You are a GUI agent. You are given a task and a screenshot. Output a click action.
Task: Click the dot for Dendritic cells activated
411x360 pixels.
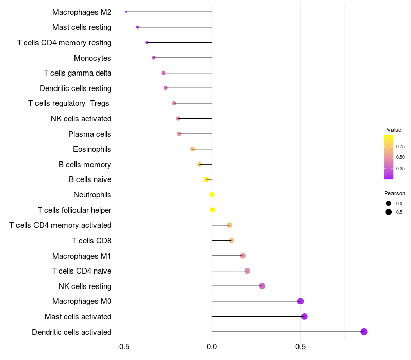[x=364, y=332]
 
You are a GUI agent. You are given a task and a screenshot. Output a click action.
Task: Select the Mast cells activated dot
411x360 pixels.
[x=304, y=316]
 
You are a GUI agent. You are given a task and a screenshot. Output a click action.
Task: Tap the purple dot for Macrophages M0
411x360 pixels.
[x=301, y=301]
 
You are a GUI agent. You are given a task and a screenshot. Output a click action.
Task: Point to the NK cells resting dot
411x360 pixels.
[x=262, y=286]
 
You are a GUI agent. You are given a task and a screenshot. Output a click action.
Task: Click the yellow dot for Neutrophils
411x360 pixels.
[x=212, y=195]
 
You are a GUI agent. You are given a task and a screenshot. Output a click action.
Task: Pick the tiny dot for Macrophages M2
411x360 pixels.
[x=126, y=12]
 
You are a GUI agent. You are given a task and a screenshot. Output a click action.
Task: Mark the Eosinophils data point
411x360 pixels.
[x=193, y=149]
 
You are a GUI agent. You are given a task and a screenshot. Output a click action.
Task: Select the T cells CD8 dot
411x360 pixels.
[x=231, y=240]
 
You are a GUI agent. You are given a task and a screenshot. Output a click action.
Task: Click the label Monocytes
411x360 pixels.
[x=92, y=58]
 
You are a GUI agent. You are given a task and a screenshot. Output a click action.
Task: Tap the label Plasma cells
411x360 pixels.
[x=90, y=134]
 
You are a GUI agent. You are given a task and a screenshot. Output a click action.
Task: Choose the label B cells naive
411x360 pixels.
[x=90, y=179]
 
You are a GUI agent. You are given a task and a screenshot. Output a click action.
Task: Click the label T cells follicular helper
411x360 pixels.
[x=74, y=210]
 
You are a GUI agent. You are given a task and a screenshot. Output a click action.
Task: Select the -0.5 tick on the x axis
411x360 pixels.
[x=123, y=347]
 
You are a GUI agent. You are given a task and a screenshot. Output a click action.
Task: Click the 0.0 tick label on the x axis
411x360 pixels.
[x=212, y=347]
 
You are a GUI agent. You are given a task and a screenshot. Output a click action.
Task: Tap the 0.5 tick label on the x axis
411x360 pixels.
[x=301, y=347]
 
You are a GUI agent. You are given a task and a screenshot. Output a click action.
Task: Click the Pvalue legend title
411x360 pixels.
[x=393, y=130]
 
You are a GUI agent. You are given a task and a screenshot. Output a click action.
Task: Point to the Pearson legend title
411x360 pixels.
[x=395, y=193]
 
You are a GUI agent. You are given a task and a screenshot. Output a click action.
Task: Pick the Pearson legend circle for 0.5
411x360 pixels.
[x=389, y=212]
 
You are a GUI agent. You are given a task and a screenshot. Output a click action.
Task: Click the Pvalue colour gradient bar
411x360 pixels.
[x=389, y=157]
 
